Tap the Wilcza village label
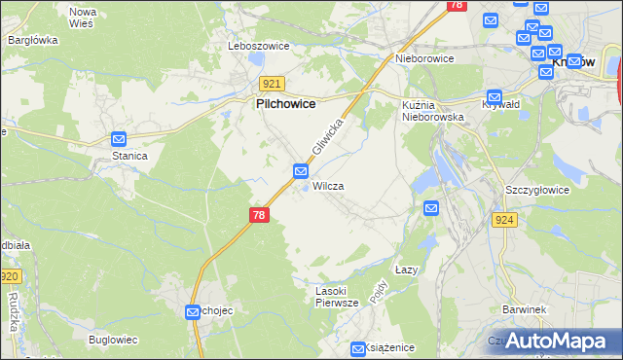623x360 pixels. pos(328,185)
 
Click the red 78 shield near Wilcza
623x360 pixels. pos(258,215)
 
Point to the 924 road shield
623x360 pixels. pos(503,221)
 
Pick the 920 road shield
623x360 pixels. pos(10,277)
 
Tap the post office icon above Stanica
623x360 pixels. pos(119,139)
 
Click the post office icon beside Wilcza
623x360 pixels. pos(302,172)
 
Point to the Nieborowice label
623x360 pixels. pos(425,58)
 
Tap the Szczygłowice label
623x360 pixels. pos(537,190)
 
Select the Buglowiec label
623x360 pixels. pos(113,340)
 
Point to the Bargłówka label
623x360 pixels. pos(33,40)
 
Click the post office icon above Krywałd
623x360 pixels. pos(495,96)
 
